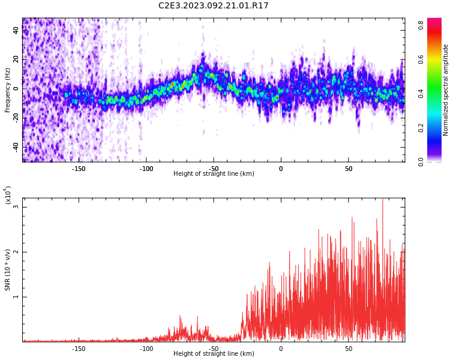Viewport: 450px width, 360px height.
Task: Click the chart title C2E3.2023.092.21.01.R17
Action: click(213, 5)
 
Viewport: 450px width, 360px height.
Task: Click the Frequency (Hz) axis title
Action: click(7, 90)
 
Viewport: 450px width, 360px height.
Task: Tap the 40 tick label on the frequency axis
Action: click(16, 30)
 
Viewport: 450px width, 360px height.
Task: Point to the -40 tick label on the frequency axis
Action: click(16, 148)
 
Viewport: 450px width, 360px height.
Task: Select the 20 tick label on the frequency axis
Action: click(16, 59)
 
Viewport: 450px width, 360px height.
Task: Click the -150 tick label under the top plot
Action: click(79, 169)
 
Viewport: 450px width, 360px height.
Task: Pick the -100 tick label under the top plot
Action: click(146, 169)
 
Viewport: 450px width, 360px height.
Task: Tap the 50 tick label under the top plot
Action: click(349, 169)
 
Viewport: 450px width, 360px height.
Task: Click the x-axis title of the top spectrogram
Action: click(214, 173)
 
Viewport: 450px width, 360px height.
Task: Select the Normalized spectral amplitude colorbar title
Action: click(445, 90)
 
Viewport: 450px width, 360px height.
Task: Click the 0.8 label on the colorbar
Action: click(421, 25)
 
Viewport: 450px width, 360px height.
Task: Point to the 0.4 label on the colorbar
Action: click(421, 94)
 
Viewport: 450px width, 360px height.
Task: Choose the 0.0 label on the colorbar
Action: click(421, 162)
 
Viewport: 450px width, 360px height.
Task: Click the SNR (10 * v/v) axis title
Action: click(7, 270)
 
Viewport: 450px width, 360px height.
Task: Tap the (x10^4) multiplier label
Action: click(8, 196)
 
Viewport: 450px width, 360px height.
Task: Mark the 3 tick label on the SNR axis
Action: click(16, 207)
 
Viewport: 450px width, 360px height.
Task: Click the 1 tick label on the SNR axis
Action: click(16, 297)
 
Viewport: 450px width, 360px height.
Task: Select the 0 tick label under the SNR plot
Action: click(281, 349)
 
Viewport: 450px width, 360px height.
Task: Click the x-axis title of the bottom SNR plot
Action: click(214, 353)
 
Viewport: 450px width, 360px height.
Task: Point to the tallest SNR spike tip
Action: click(383, 199)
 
